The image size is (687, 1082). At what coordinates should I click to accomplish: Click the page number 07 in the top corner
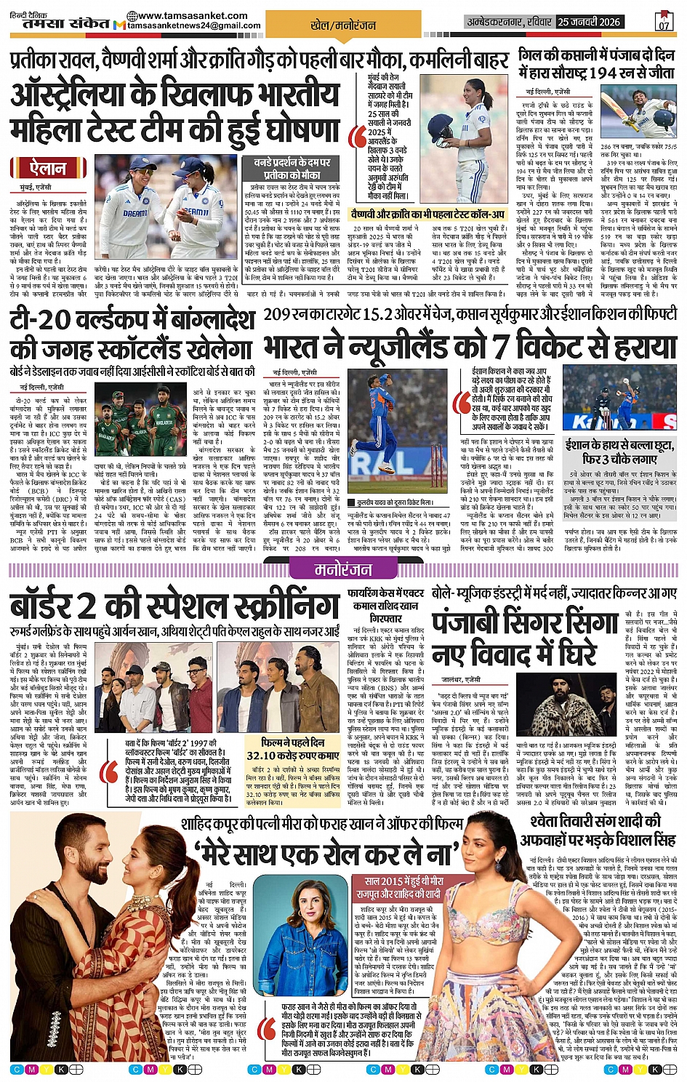click(663, 22)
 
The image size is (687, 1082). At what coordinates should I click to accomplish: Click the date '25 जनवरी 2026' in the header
click(589, 22)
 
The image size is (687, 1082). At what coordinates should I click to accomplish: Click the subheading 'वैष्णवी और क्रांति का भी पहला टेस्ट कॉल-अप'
click(427, 215)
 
